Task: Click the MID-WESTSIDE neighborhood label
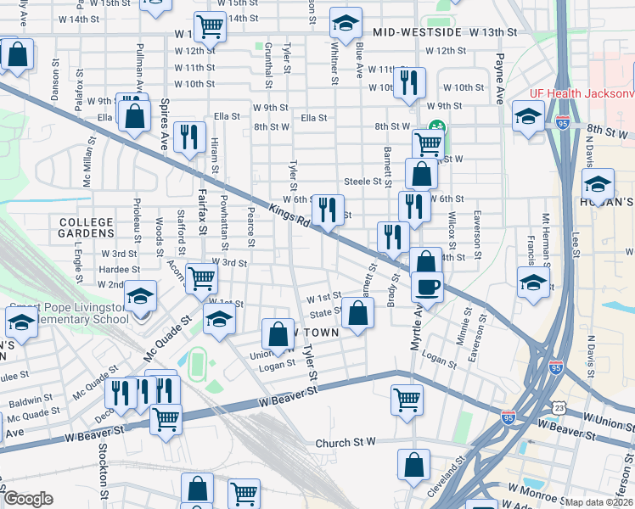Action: tap(410, 32)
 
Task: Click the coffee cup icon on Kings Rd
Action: tap(427, 286)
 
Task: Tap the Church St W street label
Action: tap(346, 443)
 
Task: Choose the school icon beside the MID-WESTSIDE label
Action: tap(344, 25)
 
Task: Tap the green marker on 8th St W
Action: tap(436, 127)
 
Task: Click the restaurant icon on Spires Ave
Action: tap(188, 136)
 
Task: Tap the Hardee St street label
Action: tap(113, 269)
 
